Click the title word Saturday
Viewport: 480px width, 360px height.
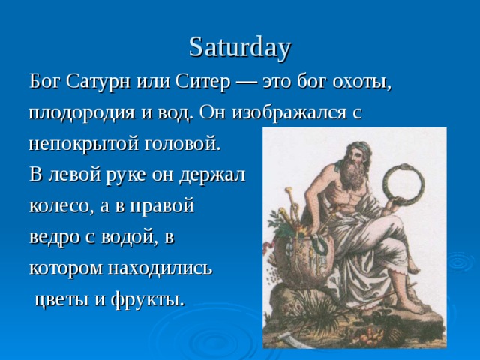[240, 49]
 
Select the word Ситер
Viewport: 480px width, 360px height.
[202, 82]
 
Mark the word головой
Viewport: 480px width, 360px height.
[182, 143]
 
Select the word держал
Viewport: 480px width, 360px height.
[212, 175]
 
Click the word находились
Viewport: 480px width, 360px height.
[160, 268]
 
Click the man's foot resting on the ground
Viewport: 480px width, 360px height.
[408, 306]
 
